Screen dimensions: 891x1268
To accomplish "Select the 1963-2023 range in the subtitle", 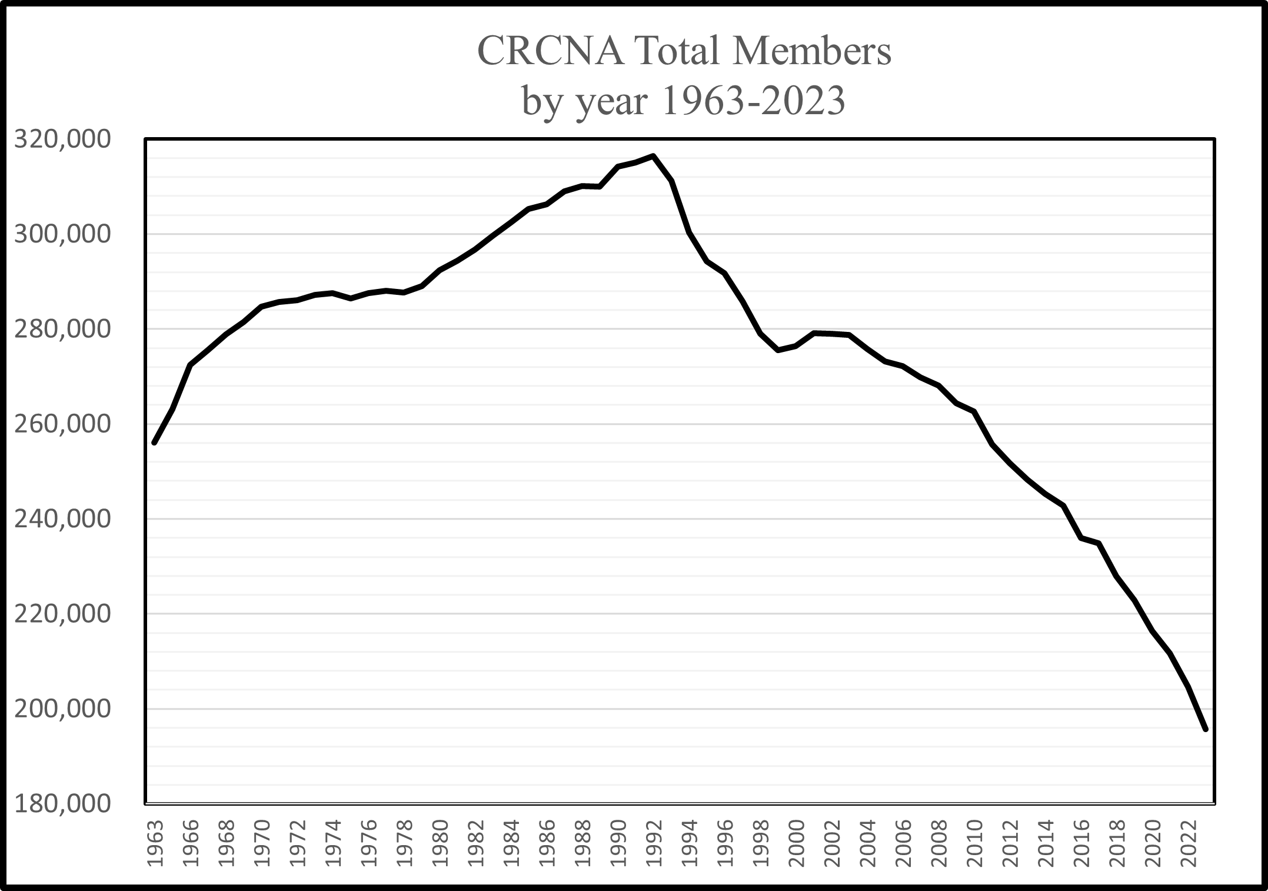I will click(x=754, y=101).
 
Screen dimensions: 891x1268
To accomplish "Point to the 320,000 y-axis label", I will click(x=62, y=139).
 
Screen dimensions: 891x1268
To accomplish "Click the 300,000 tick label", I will click(x=62, y=235).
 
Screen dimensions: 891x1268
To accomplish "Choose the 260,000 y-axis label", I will click(x=62, y=424).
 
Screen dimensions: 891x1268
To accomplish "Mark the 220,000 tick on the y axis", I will click(x=62, y=614).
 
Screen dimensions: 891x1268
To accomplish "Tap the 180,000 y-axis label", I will click(x=62, y=804).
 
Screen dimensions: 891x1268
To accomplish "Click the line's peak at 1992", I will click(x=654, y=156).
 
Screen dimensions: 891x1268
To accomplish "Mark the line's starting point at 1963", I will click(x=154, y=443).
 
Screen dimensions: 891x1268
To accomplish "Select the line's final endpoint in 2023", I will click(x=1206, y=729).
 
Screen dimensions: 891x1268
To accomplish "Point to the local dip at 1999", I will click(x=778, y=350).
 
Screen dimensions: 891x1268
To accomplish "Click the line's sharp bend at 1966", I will click(x=190, y=365).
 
